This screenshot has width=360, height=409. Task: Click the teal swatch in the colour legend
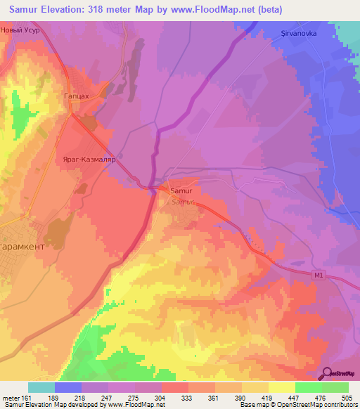coord(41,387)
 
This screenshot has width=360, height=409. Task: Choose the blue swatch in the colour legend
coord(68,387)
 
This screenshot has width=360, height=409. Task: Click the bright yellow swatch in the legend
coord(281,387)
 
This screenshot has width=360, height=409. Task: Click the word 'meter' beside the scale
coord(11,397)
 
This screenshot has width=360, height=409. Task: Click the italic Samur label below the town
coord(181,202)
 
